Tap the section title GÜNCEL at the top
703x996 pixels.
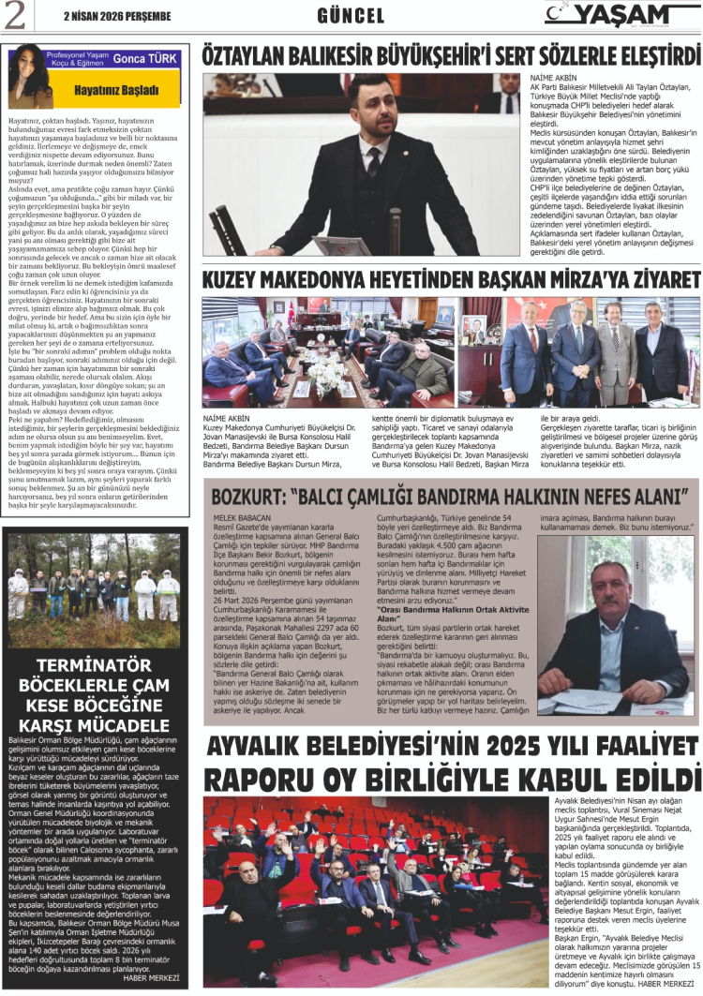click(351, 16)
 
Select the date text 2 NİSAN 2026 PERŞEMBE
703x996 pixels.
click(117, 16)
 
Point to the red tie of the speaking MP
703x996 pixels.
click(374, 163)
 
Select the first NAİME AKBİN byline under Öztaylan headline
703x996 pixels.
click(554, 76)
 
